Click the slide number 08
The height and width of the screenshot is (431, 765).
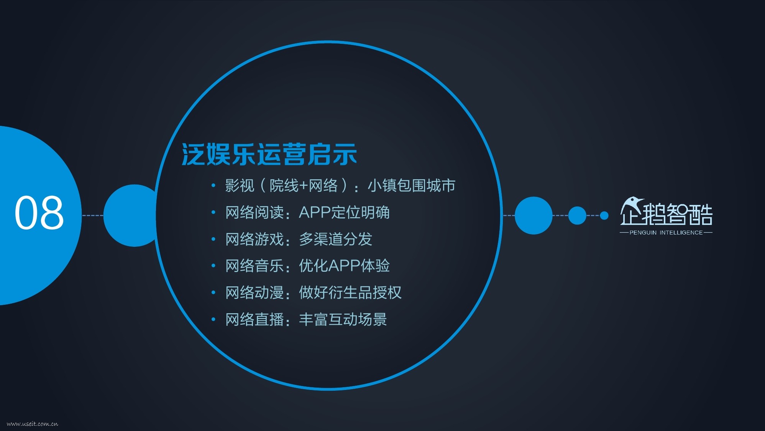point(39,212)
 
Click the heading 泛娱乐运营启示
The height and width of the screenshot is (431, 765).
point(269,154)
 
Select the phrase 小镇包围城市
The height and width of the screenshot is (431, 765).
point(412,185)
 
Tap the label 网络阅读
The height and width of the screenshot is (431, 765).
point(254,212)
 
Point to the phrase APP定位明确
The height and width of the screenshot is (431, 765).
point(344,212)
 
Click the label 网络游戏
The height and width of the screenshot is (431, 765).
point(254,239)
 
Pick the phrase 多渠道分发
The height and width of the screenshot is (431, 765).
point(336,239)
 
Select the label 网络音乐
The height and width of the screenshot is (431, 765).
point(254,266)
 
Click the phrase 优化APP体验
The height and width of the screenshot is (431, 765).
point(344,266)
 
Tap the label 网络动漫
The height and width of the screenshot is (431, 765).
point(254,292)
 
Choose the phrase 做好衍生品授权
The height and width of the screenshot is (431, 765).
point(350,292)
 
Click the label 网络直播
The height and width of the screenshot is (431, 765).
point(254,319)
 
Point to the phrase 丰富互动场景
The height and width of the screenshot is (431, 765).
point(343,319)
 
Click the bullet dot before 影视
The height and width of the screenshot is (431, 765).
point(213,186)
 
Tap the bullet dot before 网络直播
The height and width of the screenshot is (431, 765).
point(213,319)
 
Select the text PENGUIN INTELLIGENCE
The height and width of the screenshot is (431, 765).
point(666,233)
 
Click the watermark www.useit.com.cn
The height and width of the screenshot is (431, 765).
point(33,424)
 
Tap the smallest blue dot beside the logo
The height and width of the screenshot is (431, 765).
point(604,215)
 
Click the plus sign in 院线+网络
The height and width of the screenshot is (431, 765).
point(304,186)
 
